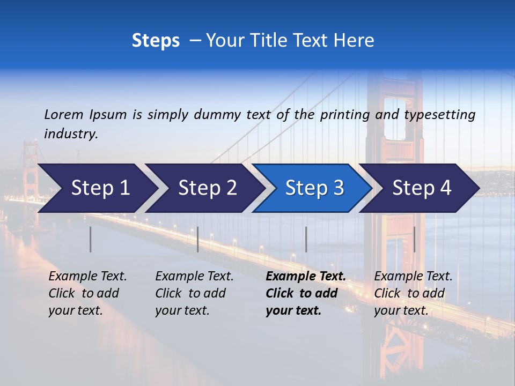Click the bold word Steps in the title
coord(156,41)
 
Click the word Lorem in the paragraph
coord(64,115)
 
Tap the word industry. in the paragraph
coord(71,134)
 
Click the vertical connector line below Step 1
coord(90,239)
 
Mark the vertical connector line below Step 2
coord(198,239)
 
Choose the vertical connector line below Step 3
coord(306,239)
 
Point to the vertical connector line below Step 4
coord(414,239)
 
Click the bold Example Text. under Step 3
coord(306,277)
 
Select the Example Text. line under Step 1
coord(87,277)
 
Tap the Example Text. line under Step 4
coord(413,277)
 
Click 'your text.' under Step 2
coord(182,310)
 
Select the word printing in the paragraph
coord(345,115)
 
